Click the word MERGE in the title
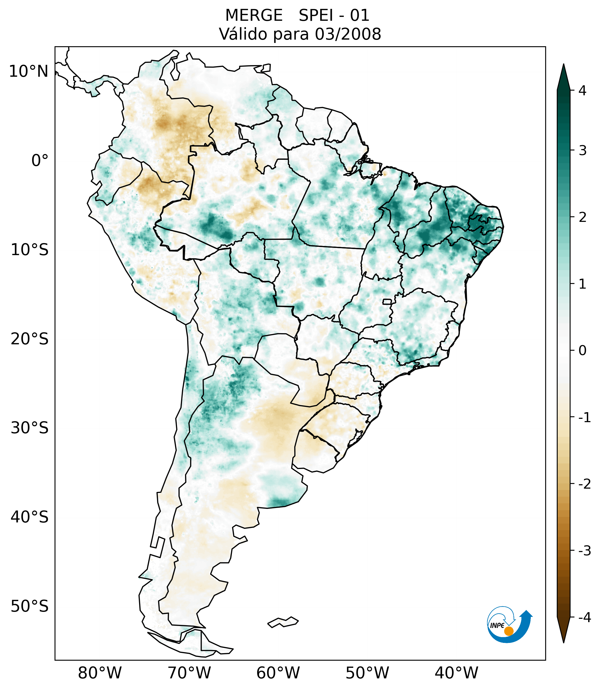pyautogui.click(x=253, y=16)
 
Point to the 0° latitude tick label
pyautogui.click(x=40, y=161)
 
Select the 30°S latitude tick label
pyautogui.click(x=30, y=428)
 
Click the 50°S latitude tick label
pyautogui.click(x=30, y=607)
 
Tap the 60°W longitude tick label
pyautogui.click(x=278, y=673)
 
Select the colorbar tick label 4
pyautogui.click(x=582, y=91)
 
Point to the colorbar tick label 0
pyautogui.click(x=582, y=351)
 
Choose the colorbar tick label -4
pyautogui.click(x=584, y=618)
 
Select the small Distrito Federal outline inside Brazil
pyautogui.click(x=387, y=301)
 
